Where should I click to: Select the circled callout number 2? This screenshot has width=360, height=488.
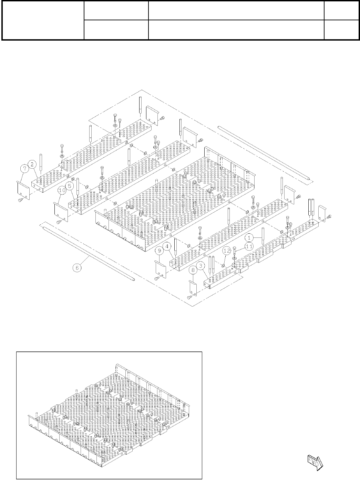point(32,165)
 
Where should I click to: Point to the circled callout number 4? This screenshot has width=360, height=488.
point(166,247)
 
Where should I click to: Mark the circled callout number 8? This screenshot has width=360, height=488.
point(193,270)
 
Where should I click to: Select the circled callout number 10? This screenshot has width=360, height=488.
point(62,190)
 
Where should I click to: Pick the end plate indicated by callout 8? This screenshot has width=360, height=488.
point(193,287)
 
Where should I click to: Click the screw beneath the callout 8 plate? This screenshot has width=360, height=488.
point(189,297)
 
